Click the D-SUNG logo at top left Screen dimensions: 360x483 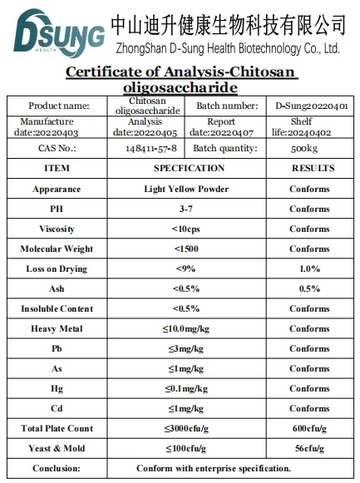(x=54, y=32)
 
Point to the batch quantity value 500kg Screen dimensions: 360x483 (x=309, y=148)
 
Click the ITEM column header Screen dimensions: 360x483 (x=57, y=168)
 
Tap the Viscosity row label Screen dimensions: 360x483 (x=57, y=229)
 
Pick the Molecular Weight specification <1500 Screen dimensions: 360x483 (x=186, y=249)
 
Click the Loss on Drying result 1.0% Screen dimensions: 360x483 (x=309, y=269)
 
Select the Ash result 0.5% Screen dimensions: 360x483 (x=309, y=288)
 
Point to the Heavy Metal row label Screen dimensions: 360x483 (x=57, y=328)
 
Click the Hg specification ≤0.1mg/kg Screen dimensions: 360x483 (x=186, y=388)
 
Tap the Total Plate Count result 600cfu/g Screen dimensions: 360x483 (x=309, y=428)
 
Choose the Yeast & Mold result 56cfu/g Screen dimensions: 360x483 (x=309, y=448)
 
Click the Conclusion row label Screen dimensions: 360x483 (x=57, y=468)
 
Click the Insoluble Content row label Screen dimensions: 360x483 (x=57, y=308)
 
